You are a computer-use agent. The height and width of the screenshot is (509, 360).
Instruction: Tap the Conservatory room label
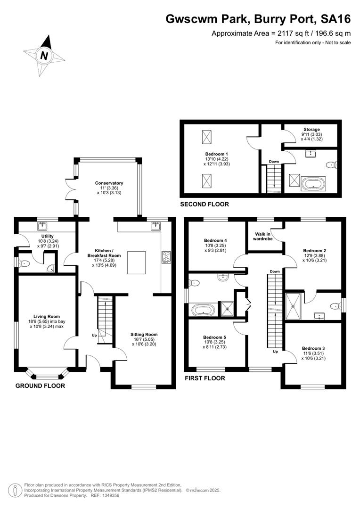point(109,183)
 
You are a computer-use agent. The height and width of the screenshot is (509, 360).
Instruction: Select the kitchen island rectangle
point(136,263)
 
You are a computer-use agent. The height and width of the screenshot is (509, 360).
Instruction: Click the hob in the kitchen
point(166,258)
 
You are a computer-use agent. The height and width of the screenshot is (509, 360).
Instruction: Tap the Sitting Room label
point(144,334)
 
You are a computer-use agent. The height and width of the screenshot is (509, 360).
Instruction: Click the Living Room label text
point(47,317)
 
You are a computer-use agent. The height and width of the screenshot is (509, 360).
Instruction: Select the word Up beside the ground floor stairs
point(94,336)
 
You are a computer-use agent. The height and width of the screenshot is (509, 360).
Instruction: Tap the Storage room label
point(311,129)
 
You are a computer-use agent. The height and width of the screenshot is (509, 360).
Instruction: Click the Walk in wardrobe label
point(263,236)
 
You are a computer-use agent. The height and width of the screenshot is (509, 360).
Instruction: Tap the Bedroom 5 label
point(214,337)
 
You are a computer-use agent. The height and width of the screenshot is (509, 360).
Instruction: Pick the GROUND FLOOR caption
point(40,386)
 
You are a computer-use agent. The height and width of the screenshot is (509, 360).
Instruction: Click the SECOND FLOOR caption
point(205,204)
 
